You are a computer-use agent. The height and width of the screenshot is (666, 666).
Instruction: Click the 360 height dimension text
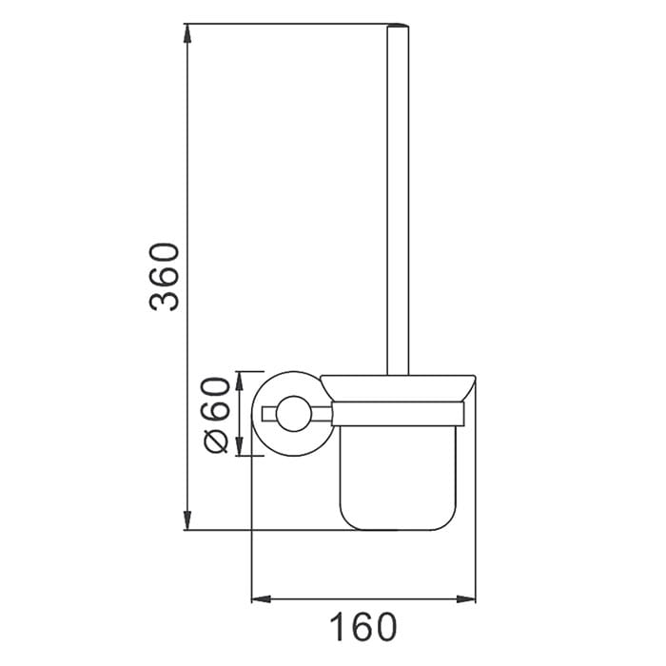coord(165,277)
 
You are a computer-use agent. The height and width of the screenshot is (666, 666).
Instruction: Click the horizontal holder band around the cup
coord(398,413)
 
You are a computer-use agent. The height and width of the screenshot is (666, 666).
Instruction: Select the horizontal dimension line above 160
coord(362,598)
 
